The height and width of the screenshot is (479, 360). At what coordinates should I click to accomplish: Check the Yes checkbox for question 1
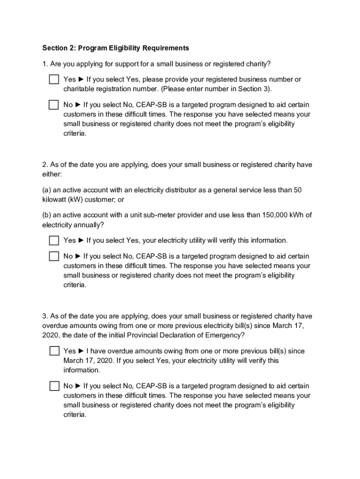pos(54,79)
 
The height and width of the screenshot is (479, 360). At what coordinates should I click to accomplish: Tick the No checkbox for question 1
pos(54,105)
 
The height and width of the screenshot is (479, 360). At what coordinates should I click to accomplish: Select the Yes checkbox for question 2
pos(54,240)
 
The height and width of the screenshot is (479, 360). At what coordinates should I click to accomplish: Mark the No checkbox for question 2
pos(54,256)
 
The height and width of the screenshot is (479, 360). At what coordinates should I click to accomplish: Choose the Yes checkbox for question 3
pos(54,351)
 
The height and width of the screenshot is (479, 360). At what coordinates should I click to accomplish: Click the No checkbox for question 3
pos(54,386)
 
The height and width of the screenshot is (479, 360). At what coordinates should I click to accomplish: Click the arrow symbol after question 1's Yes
pos(81,80)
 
